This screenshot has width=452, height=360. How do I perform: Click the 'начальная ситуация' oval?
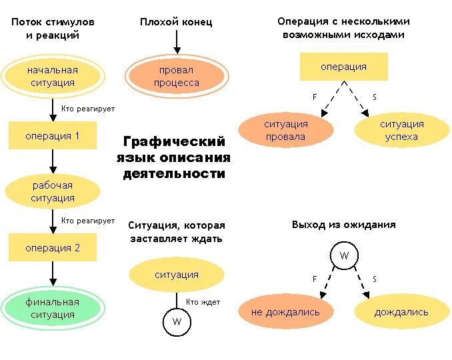[53, 77]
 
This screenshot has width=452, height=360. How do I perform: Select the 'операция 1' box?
[53, 136]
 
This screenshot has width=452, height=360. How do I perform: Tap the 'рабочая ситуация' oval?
[53, 192]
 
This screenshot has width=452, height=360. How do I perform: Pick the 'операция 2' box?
[53, 248]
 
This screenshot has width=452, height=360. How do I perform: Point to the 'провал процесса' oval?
[177, 77]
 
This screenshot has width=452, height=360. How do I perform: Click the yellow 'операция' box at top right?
[343, 67]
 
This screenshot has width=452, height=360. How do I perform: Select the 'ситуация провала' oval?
[285, 131]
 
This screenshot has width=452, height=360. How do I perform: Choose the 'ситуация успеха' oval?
[401, 131]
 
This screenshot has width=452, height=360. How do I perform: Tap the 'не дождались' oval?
[285, 312]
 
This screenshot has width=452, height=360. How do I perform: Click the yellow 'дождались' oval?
[401, 312]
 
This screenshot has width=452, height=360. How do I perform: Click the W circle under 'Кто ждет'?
[177, 322]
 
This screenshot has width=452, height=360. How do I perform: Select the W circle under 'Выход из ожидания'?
[344, 256]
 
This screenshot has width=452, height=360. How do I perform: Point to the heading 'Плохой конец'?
[176, 22]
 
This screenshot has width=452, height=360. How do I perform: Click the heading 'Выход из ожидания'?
[343, 225]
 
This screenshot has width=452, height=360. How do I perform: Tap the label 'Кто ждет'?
[203, 302]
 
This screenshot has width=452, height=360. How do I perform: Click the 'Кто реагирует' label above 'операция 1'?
[88, 109]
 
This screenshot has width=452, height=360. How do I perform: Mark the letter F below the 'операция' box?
[315, 97]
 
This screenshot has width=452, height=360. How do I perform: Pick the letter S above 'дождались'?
[374, 279]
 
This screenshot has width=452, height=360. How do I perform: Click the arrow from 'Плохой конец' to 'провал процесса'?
[177, 42]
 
